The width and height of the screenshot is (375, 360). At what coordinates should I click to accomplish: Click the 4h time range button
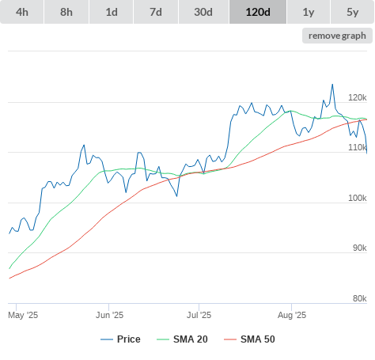click(x=21, y=12)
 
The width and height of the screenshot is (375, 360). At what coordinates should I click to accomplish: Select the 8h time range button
click(x=66, y=12)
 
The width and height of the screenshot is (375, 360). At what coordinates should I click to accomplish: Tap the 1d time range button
click(x=112, y=12)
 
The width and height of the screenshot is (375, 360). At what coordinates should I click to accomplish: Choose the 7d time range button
click(x=156, y=12)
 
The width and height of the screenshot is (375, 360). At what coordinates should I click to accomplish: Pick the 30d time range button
click(x=203, y=12)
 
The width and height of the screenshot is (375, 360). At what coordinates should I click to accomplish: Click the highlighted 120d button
click(x=258, y=12)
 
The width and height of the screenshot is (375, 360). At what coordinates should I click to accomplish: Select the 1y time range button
click(x=309, y=12)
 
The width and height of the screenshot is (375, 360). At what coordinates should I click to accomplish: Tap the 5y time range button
click(x=353, y=12)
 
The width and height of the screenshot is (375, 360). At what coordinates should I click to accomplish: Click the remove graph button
click(x=337, y=36)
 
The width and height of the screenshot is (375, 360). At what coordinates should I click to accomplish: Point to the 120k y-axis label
click(x=358, y=97)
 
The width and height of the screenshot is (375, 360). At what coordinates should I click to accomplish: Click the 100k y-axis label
click(x=358, y=198)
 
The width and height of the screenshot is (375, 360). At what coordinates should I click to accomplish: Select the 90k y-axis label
click(x=360, y=248)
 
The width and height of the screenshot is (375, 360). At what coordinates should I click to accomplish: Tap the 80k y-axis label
click(x=360, y=298)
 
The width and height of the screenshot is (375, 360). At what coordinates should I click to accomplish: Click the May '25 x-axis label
click(x=23, y=315)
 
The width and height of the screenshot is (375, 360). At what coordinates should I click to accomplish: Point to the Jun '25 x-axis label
click(x=109, y=315)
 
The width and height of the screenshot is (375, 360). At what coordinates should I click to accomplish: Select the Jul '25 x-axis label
click(x=199, y=315)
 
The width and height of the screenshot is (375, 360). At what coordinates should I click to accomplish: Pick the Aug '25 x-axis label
click(x=292, y=315)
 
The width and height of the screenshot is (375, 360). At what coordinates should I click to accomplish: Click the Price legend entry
click(x=120, y=339)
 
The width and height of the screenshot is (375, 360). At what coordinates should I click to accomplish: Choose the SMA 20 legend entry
click(x=182, y=339)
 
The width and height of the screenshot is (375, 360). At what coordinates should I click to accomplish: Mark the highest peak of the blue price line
click(x=332, y=85)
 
